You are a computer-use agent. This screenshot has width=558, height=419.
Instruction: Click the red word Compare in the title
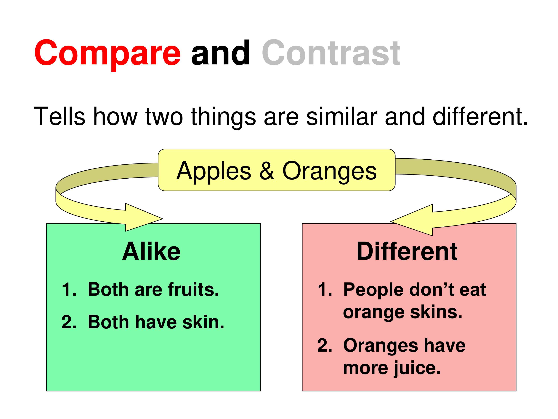click(x=108, y=55)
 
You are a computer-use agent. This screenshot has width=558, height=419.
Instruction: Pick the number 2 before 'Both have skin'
click(x=69, y=322)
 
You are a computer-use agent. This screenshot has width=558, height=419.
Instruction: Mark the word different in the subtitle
click(x=480, y=116)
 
